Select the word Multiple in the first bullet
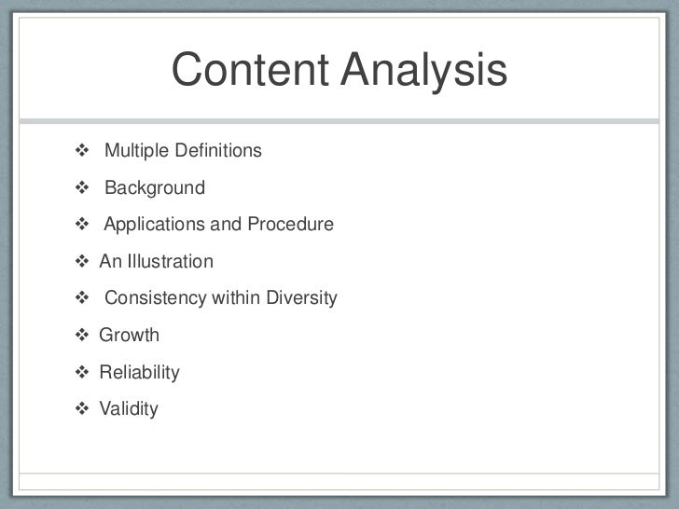tap(134, 151)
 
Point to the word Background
tap(154, 188)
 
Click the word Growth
tap(130, 336)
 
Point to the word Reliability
tap(140, 373)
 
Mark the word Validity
tap(129, 409)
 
